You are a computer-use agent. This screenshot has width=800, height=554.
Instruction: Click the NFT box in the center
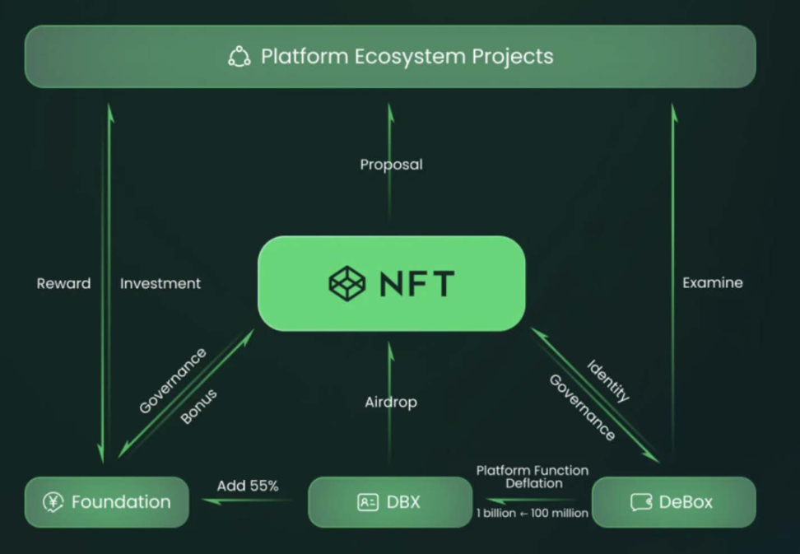[x=391, y=284]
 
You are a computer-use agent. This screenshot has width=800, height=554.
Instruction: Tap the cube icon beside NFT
[x=347, y=283]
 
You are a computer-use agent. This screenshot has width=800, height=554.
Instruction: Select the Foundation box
[x=107, y=502]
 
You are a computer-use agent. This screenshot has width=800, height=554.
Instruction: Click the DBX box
[x=390, y=502]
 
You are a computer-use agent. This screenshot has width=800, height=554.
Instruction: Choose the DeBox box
[x=673, y=502]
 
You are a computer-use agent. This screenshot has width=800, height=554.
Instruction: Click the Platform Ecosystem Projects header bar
[x=390, y=57]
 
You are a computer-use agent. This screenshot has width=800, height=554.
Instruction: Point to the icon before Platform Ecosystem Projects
[x=239, y=57]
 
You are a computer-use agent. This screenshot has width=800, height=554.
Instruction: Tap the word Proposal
[x=391, y=165]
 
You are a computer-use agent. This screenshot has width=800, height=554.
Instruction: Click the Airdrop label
[x=391, y=403]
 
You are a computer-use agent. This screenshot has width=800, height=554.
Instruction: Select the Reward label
[x=63, y=283]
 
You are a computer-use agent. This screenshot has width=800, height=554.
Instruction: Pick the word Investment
[x=160, y=283]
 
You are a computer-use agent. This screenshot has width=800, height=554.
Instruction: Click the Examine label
[x=713, y=283]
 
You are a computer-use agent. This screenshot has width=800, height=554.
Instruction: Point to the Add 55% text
[x=248, y=486]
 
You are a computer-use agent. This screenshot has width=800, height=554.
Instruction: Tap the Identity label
[x=608, y=380]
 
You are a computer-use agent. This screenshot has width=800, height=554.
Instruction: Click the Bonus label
[x=199, y=407]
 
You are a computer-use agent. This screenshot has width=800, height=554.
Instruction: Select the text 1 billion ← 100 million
[x=532, y=513]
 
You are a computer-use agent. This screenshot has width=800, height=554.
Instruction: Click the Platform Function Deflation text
[x=533, y=477]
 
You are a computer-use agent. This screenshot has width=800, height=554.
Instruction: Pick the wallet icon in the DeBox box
[x=641, y=502]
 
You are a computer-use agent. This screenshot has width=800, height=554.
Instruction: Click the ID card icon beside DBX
[x=368, y=502]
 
